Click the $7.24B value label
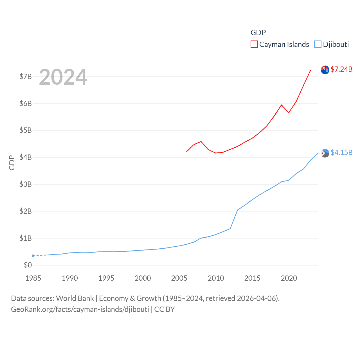click(x=341, y=69)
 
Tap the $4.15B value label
click(x=341, y=152)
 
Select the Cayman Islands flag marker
click(x=325, y=69)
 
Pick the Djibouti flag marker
click(x=325, y=153)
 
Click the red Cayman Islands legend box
click(x=254, y=44)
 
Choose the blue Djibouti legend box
click(x=318, y=44)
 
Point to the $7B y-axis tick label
click(x=25, y=76)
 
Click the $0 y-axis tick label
click(x=28, y=265)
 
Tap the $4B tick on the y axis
click(x=25, y=157)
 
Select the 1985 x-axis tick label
click(x=33, y=278)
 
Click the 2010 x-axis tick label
click(x=216, y=278)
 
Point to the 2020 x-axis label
click(x=289, y=278)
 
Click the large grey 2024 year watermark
click(x=63, y=77)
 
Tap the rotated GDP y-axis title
click(x=12, y=163)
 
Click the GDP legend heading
click(x=258, y=33)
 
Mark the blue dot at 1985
click(x=33, y=256)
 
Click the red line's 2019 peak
click(x=282, y=105)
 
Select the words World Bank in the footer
click(x=75, y=298)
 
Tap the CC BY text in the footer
click(x=165, y=309)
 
